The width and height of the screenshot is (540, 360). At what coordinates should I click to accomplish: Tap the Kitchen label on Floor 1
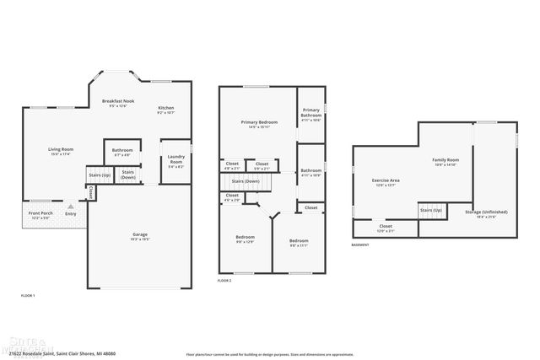tap(165, 109)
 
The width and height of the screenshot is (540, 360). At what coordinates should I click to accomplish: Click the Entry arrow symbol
tap(71, 205)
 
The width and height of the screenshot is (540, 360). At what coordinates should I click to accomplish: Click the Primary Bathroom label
tap(311, 114)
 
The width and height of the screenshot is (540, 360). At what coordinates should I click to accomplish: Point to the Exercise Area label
tap(386, 180)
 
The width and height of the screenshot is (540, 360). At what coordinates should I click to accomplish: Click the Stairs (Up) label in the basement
tap(431, 209)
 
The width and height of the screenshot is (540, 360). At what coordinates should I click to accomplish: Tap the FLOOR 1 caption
tap(28, 295)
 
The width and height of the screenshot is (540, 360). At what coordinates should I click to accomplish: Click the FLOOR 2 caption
tap(224, 279)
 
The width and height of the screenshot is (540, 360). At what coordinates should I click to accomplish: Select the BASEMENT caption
tap(360, 244)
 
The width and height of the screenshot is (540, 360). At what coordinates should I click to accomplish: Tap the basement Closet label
tap(386, 226)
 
